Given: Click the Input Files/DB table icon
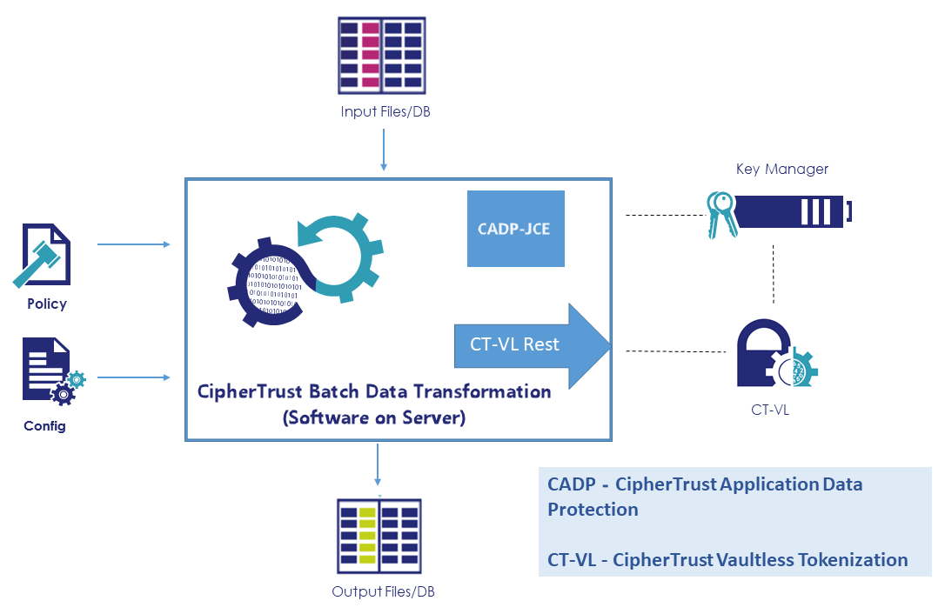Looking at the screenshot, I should (x=382, y=55).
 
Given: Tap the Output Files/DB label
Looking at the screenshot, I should (x=383, y=592).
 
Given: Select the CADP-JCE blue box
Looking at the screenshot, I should (x=515, y=229).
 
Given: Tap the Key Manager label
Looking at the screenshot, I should (x=781, y=169).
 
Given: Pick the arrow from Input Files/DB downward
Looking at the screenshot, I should (x=383, y=148).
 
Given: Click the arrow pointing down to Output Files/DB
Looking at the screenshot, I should (x=378, y=465).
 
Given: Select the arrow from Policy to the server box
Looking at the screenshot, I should (x=134, y=244).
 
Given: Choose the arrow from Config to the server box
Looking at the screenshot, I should (x=134, y=377).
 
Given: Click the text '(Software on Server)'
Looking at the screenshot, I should (x=374, y=417).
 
